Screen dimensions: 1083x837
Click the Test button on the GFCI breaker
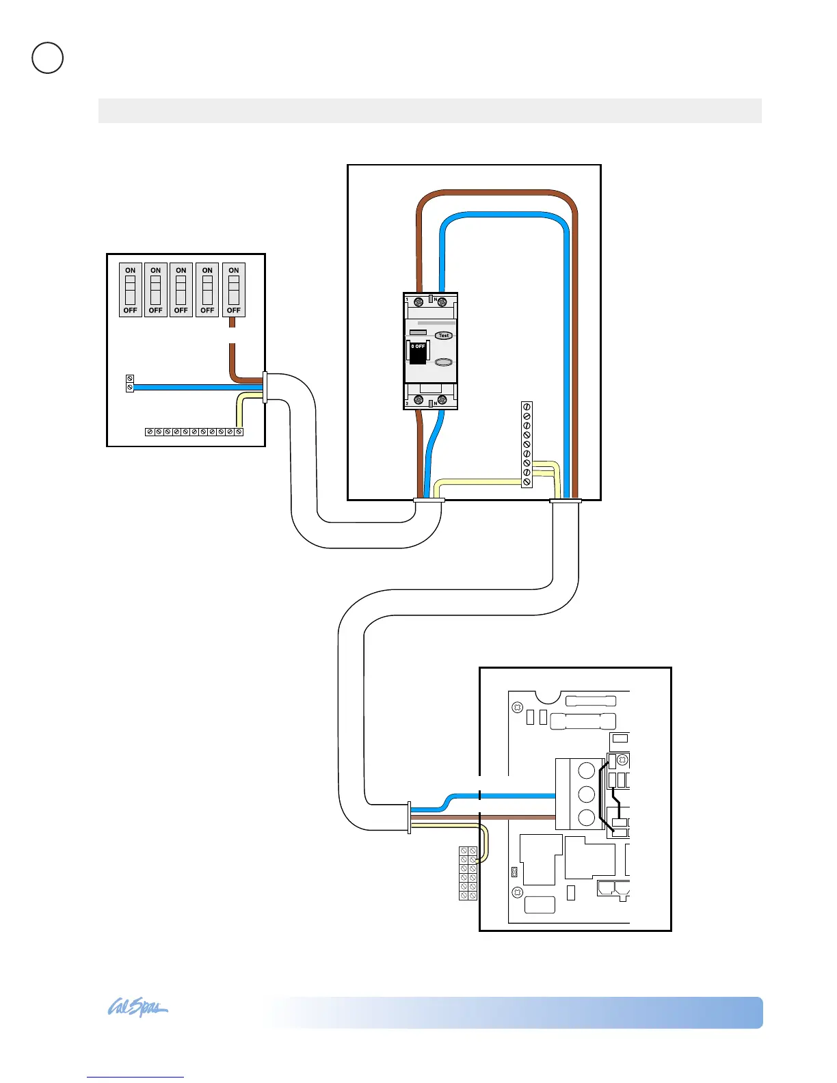(444, 336)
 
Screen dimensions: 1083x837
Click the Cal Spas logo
(137, 1008)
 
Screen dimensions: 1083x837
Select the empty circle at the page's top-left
(48, 58)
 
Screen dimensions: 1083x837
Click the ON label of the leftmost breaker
(130, 271)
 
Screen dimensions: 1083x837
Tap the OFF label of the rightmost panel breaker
(234, 310)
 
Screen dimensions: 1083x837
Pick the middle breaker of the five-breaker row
(181, 290)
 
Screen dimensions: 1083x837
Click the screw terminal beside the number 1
(414, 302)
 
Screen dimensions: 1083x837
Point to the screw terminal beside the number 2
(415, 400)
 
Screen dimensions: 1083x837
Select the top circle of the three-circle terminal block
(586, 771)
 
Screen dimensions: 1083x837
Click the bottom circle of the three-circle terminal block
(586, 817)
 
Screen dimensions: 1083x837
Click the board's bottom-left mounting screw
(518, 892)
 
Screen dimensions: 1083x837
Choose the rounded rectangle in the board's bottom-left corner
(540, 905)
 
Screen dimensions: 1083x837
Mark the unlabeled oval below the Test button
(444, 362)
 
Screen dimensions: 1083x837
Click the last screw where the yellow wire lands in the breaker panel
(239, 432)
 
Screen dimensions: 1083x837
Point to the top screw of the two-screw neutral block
(130, 379)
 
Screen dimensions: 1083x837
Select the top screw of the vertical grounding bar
(527, 407)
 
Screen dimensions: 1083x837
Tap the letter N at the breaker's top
(435, 299)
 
